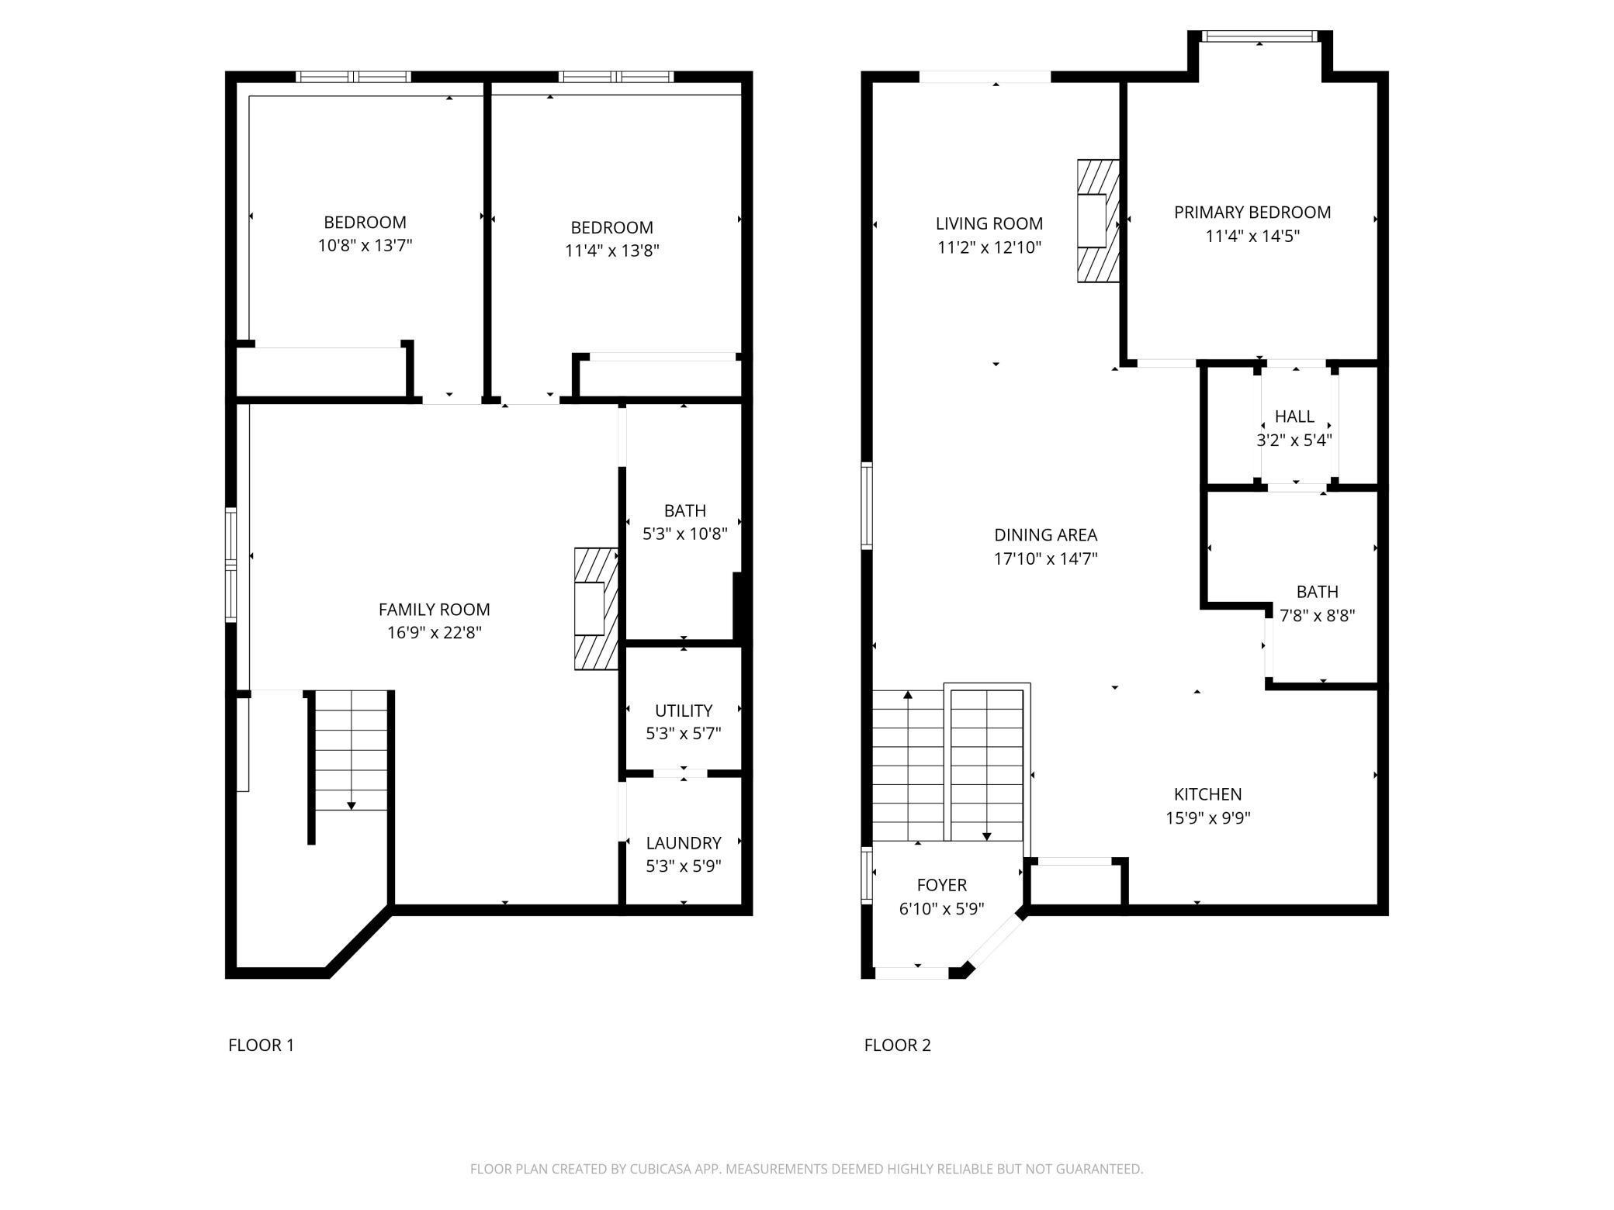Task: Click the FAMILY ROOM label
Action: pos(435,610)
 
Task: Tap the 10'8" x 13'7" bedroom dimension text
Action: pos(365,246)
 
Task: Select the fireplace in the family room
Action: pos(596,609)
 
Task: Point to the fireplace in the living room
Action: pos(1098,220)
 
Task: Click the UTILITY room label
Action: pos(684,710)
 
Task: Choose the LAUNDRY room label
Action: pos(684,843)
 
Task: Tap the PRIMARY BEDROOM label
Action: pos(1252,213)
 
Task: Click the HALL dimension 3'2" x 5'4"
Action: pos(1294,441)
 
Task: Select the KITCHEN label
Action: pos(1208,794)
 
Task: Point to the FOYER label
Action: pos(942,885)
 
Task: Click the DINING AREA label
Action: pos(1046,535)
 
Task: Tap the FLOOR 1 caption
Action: pos(261,1046)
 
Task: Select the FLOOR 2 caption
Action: pos(898,1046)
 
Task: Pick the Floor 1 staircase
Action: pos(351,750)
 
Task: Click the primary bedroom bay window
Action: pos(1259,36)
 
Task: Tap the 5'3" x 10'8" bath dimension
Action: pos(685,534)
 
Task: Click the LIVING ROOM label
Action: pos(989,224)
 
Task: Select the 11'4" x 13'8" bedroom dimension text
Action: pos(612,251)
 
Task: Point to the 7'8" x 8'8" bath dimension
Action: pos(1318,616)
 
